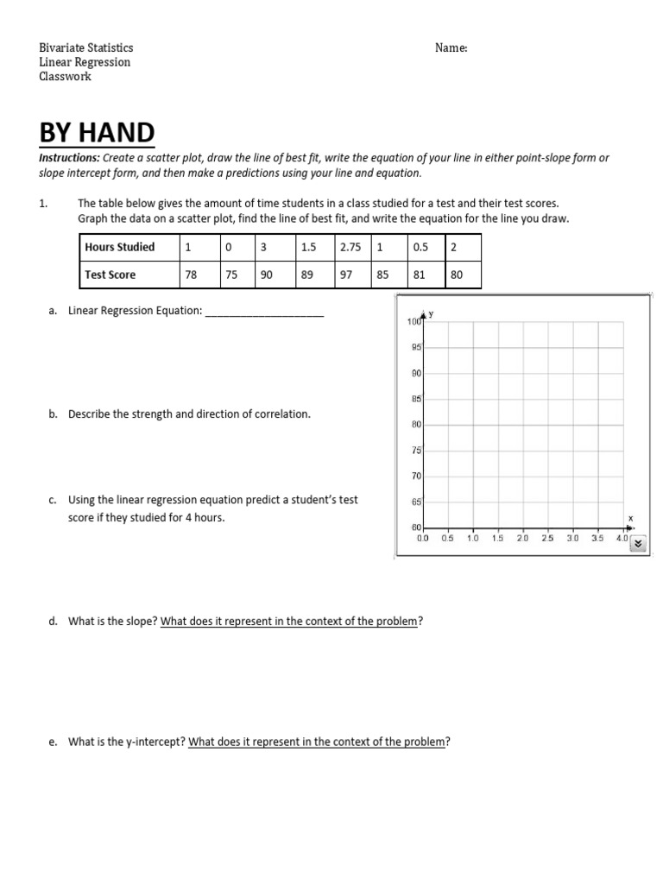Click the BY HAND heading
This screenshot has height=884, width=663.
pos(98,133)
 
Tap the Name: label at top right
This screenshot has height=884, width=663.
pos(451,48)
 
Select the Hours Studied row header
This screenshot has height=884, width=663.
pos(120,247)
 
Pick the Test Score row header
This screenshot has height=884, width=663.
pos(110,275)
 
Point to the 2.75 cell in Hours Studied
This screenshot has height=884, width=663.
pos(350,247)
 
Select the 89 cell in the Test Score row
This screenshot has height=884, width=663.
pos(307,275)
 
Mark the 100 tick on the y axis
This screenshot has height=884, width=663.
pos(413,322)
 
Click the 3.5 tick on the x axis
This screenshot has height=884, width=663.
pos(597,538)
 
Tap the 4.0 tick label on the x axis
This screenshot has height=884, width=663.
pos(622,538)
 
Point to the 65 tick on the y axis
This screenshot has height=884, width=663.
pos(416,501)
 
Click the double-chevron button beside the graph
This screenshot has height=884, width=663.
pos(638,544)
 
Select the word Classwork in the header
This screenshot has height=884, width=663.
pos(65,76)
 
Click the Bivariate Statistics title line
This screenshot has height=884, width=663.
pos(86,48)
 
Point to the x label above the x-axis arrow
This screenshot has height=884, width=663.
pos(629,518)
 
